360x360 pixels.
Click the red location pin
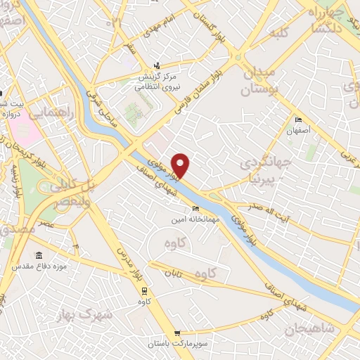click(181, 165)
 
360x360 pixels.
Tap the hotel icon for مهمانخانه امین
click(195, 208)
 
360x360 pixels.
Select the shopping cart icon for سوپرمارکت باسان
click(177, 333)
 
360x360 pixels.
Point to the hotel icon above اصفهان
click(299, 120)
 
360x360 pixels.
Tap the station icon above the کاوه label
click(145, 290)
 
